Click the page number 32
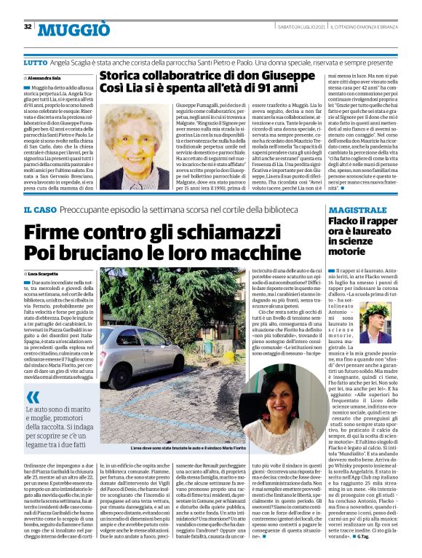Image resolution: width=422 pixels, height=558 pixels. pyautogui.click(x=28, y=27)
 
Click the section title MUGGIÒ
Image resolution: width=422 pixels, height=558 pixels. pyautogui.click(x=70, y=29)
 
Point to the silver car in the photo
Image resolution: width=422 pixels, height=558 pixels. pyautogui.click(x=135, y=348)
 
